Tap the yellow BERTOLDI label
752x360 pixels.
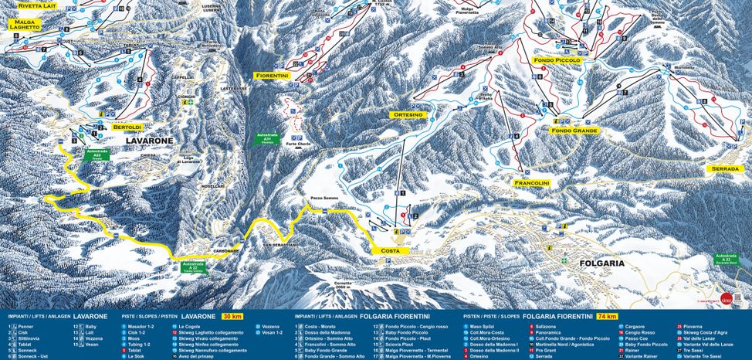127,126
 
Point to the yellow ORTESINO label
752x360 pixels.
408,114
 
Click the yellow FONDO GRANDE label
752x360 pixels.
574,131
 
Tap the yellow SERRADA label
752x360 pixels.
727,168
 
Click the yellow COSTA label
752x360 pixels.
390,251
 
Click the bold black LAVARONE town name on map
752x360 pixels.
149,141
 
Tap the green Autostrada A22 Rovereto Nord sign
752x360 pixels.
727,260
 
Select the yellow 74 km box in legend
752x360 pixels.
606,317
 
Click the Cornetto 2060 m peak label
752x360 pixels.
344,284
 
